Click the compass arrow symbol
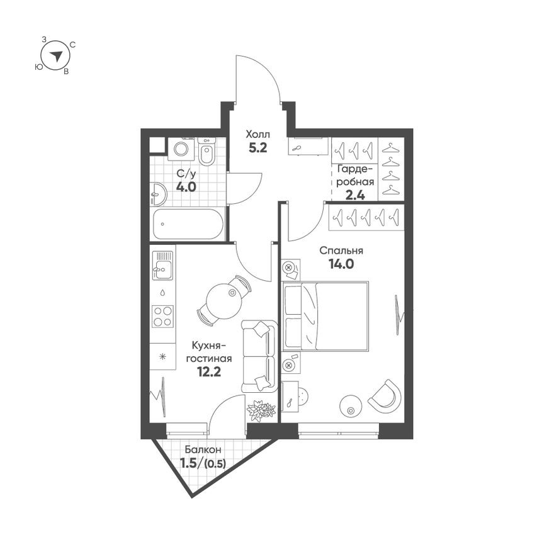pyautogui.click(x=56, y=55)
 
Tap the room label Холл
pyautogui.click(x=257, y=135)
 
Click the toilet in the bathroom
pyautogui.click(x=206, y=151)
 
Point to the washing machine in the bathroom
pyautogui.click(x=181, y=149)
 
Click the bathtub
pyautogui.click(x=188, y=224)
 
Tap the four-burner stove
pyautogui.click(x=163, y=315)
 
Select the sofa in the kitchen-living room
pyautogui.click(x=259, y=356)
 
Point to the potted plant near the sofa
pyautogui.click(x=261, y=410)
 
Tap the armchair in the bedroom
pyautogui.click(x=385, y=395)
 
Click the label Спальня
pyautogui.click(x=340, y=250)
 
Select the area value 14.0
pyautogui.click(x=341, y=264)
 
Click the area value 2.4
pyautogui.click(x=356, y=195)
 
